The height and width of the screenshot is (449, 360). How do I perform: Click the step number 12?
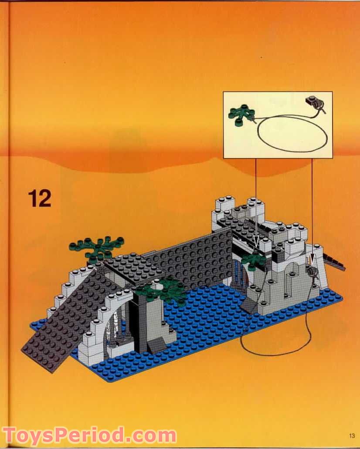[x=40, y=198]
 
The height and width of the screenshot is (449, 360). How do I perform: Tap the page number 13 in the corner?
[x=352, y=435]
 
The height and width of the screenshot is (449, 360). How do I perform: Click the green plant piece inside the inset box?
[x=241, y=115]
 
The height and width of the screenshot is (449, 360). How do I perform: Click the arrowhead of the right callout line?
[x=312, y=263]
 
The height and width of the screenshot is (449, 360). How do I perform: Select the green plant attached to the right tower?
[x=255, y=260]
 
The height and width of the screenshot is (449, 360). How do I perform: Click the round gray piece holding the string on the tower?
[x=312, y=273]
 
